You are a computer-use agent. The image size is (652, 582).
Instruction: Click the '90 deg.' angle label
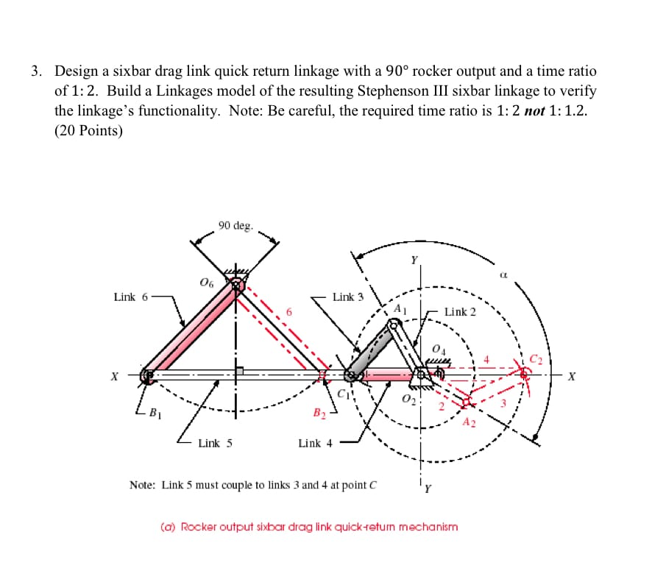coord(235,225)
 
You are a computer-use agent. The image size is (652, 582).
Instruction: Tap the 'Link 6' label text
coord(130,297)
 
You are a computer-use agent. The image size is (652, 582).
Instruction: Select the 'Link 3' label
coord(348,297)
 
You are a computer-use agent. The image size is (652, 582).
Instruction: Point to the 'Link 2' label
coord(460,312)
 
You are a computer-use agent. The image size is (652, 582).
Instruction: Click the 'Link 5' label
coord(214,443)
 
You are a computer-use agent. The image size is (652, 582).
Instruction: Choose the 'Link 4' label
coord(315,443)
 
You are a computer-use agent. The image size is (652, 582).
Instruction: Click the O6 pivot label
coord(207,282)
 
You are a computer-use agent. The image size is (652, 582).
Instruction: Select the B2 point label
coord(320,412)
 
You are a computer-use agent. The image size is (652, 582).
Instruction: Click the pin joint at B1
coord(148,376)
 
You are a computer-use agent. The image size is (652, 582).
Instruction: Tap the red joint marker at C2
coord(525,375)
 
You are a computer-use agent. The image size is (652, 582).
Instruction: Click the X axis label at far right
coord(573,377)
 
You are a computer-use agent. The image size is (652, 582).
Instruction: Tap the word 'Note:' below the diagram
coord(143,485)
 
